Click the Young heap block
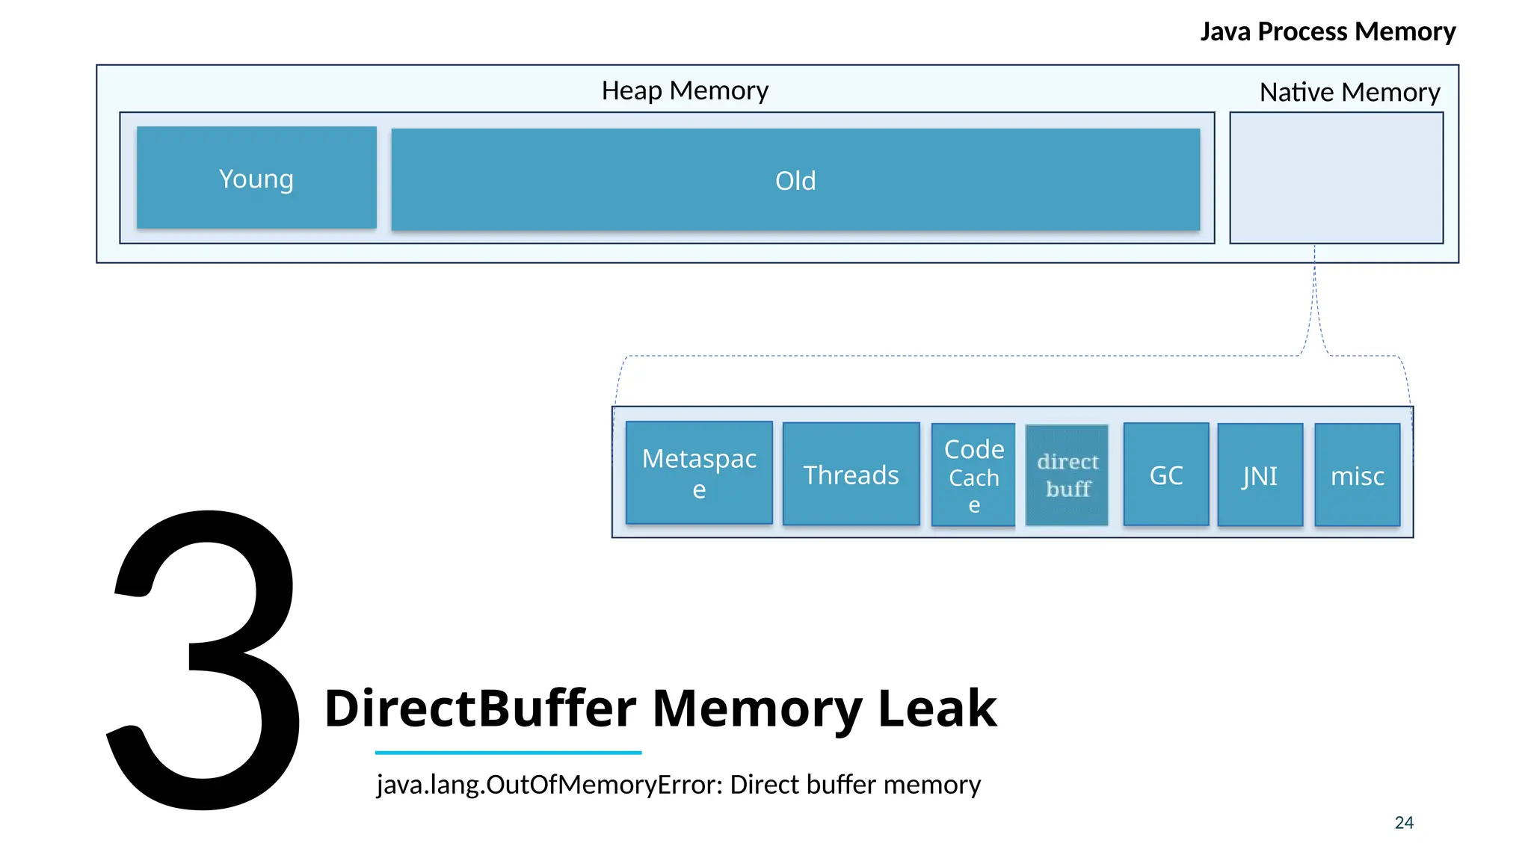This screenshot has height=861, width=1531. pyautogui.click(x=256, y=178)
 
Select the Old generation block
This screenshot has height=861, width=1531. pyautogui.click(x=795, y=180)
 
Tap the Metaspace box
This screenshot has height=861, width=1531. pyautogui.click(x=699, y=472)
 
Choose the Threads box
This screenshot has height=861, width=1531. pyautogui.click(x=851, y=475)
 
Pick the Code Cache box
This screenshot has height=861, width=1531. pyautogui.click(x=973, y=475)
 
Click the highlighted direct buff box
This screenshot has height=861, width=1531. pyautogui.click(x=1067, y=475)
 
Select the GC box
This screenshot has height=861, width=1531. pyautogui.click(x=1165, y=475)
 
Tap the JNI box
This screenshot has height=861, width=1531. pyautogui.click(x=1260, y=475)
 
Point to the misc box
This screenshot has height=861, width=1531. pyautogui.click(x=1357, y=475)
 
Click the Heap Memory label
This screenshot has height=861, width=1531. pyautogui.click(x=685, y=90)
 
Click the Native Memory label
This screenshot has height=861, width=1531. pyautogui.click(x=1349, y=92)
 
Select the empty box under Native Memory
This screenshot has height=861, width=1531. pyautogui.click(x=1336, y=178)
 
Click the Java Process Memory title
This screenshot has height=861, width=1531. pyautogui.click(x=1328, y=31)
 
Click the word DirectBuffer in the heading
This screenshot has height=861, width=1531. pyautogui.click(x=480, y=708)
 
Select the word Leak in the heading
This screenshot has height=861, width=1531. pyautogui.click(x=937, y=708)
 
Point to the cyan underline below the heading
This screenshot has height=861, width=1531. pyautogui.click(x=508, y=752)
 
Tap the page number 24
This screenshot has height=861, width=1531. pyautogui.click(x=1403, y=822)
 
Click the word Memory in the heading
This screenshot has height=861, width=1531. pyautogui.click(x=757, y=708)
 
